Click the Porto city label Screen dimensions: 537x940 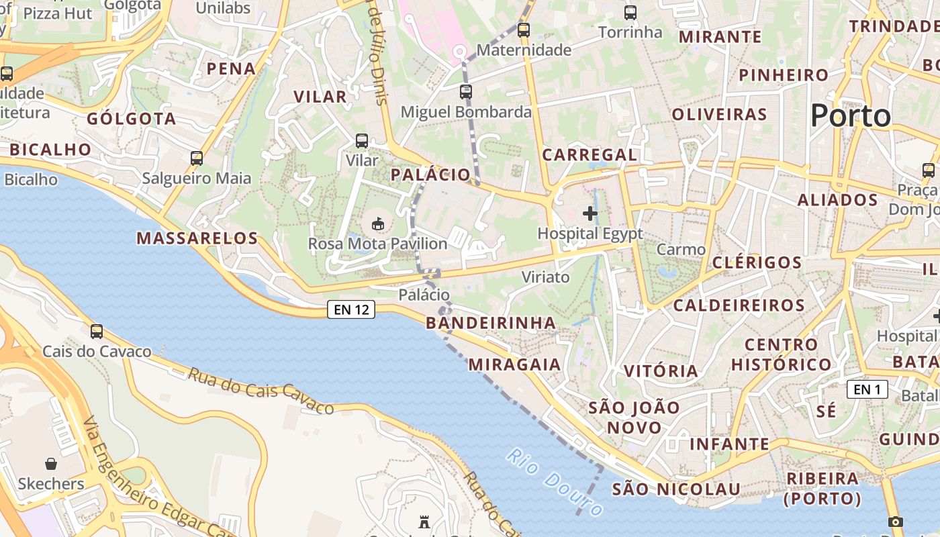850,116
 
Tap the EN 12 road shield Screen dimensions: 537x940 351,309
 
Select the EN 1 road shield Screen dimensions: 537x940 867,389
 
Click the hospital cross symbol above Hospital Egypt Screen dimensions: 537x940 590,213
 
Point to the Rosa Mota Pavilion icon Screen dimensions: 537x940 378,223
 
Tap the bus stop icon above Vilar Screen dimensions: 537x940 362,141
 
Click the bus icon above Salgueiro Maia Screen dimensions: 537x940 197,158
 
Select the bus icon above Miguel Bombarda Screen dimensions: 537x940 466,92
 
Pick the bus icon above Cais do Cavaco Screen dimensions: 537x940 97,331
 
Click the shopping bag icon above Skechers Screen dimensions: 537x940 51,464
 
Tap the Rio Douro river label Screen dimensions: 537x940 555,483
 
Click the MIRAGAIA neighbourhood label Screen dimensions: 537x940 514,364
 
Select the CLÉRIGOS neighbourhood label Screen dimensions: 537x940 757,262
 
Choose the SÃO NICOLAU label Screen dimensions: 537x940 675,489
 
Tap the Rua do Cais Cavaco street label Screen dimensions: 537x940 261,391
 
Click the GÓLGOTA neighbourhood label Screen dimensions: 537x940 132,119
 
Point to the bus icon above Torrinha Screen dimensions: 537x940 630,12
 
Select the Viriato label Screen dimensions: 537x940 545,277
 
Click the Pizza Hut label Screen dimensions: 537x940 58,13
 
